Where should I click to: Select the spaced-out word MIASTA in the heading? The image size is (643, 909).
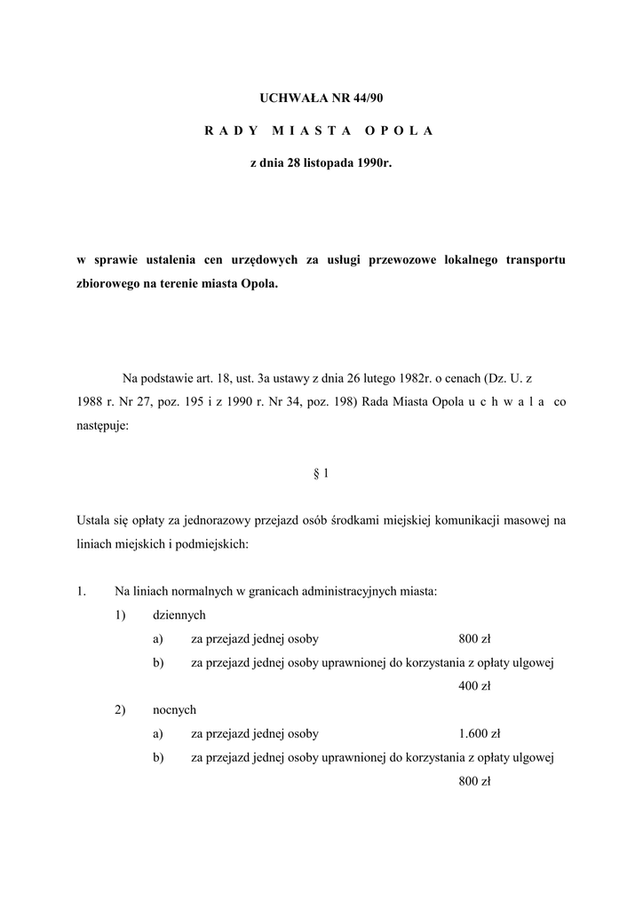coord(306,130)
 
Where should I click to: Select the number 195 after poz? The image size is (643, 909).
coord(192,402)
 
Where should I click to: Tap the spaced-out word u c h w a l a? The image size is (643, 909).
coord(505,402)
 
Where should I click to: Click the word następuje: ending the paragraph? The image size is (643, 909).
coord(102,425)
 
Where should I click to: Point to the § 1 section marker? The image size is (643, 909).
coord(321,473)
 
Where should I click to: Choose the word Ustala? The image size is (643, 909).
coord(94,521)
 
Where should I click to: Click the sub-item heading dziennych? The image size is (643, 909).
coord(179,614)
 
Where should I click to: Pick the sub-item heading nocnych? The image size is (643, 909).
coord(174,710)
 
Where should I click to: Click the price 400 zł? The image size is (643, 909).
coord(474,686)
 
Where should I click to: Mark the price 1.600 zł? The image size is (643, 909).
coord(480,734)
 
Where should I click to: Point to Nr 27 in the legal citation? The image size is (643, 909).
coord(121,402)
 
